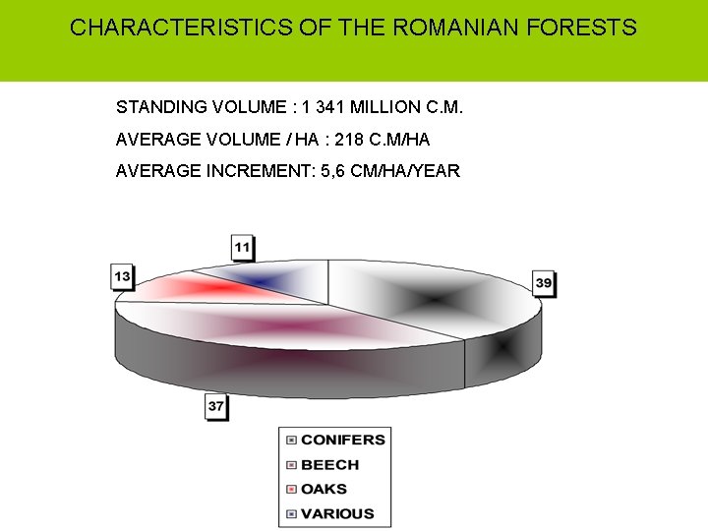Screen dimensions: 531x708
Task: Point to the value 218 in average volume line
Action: [x=332, y=139]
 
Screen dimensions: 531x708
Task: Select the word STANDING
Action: [x=162, y=106]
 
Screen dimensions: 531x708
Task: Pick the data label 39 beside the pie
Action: [x=544, y=283]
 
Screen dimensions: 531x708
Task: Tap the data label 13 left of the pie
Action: [x=122, y=277]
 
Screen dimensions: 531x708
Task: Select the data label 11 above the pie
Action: [x=243, y=247]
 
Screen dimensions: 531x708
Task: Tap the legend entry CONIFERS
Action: [x=342, y=440]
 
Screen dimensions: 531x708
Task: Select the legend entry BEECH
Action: [x=329, y=464]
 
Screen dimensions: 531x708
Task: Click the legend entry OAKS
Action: [x=324, y=489]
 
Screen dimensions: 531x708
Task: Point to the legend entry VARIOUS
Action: [x=336, y=513]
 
